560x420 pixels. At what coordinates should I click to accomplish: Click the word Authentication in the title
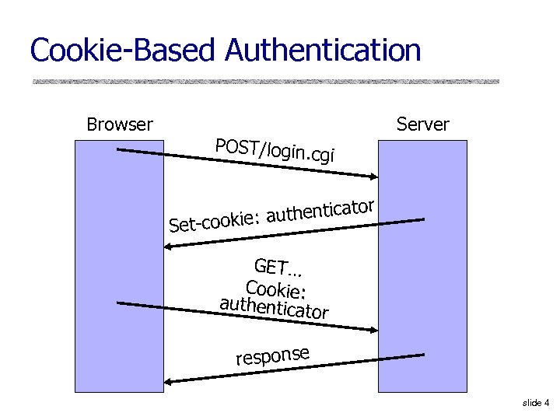(x=323, y=51)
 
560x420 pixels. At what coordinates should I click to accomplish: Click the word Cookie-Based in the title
(x=125, y=51)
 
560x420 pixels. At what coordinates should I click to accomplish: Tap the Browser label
(x=120, y=124)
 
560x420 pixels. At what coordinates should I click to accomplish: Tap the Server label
(x=422, y=124)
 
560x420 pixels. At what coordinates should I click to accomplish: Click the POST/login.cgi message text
(x=275, y=150)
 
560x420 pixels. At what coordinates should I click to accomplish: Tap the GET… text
(x=278, y=268)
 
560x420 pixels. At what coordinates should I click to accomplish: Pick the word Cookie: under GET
(x=276, y=289)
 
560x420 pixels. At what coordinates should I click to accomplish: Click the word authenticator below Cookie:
(x=274, y=308)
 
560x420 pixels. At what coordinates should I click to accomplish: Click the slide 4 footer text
(x=536, y=403)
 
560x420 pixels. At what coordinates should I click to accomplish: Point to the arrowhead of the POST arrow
(x=374, y=177)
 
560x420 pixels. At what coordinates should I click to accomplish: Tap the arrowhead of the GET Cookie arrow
(x=374, y=329)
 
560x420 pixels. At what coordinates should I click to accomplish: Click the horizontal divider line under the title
(x=264, y=81)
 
